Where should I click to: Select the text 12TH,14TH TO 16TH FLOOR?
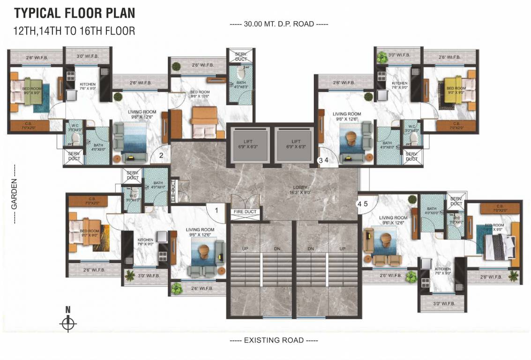click(x=75, y=31)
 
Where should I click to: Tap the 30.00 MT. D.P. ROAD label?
click(x=278, y=24)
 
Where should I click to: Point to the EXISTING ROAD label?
click(x=274, y=340)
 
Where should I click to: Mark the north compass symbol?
click(x=68, y=323)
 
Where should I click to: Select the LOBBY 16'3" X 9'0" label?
click(x=300, y=190)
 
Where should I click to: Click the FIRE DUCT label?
click(x=245, y=212)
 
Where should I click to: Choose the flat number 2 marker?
click(x=161, y=155)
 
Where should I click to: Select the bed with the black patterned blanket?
click(x=500, y=247)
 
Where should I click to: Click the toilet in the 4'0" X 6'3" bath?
click(x=240, y=73)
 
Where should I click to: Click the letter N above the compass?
click(x=68, y=309)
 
